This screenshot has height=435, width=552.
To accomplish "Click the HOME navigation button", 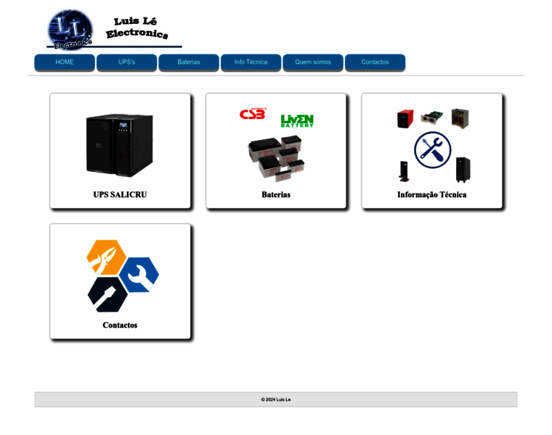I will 65,62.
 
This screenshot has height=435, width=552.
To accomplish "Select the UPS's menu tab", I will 126,62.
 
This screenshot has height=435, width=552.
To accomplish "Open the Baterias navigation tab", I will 189,62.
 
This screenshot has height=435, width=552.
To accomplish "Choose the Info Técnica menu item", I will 251,62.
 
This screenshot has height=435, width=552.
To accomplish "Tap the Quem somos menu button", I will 313,62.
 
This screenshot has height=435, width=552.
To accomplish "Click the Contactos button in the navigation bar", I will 375,62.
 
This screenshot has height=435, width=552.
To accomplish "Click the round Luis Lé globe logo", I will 70,30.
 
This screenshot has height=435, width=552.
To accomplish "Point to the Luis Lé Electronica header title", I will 137,28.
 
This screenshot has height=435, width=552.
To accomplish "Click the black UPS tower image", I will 120,145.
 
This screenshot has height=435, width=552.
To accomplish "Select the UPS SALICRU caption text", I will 120,194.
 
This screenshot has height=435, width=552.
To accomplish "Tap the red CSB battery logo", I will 253,115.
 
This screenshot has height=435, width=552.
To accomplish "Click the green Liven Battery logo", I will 297,120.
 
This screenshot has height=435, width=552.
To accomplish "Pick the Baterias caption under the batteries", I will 276,194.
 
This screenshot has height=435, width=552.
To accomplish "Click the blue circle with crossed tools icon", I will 432,150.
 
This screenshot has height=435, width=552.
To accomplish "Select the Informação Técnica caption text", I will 432,194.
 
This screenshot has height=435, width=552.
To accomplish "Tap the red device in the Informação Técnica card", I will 405,118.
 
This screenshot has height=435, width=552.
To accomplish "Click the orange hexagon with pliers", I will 106,257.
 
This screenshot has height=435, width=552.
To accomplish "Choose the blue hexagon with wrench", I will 139,274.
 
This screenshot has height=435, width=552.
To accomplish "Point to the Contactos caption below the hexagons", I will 120,325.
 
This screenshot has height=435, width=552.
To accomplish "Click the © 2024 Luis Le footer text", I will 276,399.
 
